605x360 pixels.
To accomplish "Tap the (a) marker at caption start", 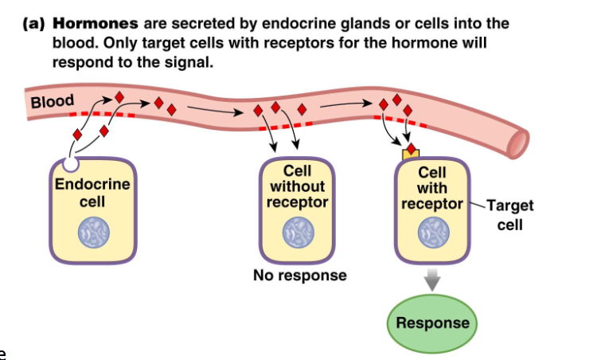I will (x=35, y=23).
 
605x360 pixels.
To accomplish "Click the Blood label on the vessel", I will (x=52, y=102).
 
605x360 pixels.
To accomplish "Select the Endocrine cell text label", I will (x=92, y=193).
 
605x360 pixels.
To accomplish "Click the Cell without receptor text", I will (x=297, y=186).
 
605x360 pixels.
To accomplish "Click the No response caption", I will (x=299, y=276).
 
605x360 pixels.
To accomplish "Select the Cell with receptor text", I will (x=432, y=188).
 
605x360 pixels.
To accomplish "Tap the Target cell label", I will (x=509, y=214).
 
